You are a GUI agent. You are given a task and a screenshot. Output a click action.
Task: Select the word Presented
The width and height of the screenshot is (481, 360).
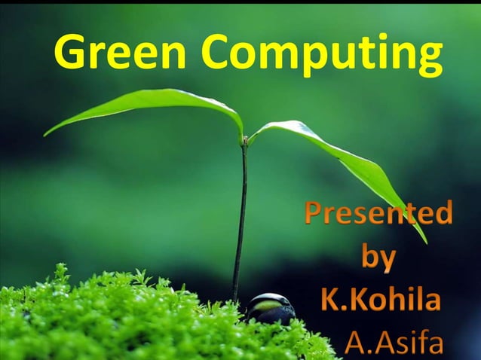[378, 214]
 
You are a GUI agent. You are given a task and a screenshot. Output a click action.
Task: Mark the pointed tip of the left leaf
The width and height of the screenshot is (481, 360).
[45, 135]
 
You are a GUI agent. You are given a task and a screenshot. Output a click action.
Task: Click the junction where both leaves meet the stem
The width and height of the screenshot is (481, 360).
[244, 140]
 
